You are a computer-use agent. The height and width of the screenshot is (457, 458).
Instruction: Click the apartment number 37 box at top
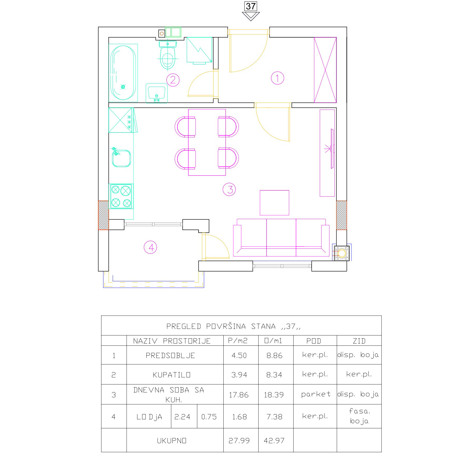click(251, 6)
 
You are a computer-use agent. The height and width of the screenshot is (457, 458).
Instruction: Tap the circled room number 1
click(277, 78)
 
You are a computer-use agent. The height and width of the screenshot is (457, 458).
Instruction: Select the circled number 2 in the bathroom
click(173, 80)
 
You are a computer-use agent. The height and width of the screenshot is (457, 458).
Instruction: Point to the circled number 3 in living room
click(229, 189)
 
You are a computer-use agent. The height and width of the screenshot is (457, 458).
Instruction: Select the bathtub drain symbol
click(123, 87)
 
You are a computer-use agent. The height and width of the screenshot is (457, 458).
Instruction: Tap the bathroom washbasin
click(156, 93)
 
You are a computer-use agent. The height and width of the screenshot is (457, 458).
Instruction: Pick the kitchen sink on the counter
click(121, 158)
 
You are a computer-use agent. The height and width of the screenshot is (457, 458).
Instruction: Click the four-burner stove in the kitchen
click(121, 196)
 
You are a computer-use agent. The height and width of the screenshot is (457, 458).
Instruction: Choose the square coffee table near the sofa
click(274, 203)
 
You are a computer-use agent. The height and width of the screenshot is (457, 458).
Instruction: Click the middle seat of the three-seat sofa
click(281, 237)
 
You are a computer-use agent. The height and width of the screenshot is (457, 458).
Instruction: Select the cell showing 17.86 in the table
click(239, 395)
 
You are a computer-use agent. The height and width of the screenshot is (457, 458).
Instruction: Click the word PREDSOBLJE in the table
click(170, 356)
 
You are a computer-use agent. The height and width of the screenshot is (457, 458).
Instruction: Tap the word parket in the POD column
click(316, 394)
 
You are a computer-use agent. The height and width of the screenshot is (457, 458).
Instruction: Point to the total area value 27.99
click(239, 441)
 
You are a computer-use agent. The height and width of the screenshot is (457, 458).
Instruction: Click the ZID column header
click(359, 341)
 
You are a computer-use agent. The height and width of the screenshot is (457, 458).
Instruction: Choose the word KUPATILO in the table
click(171, 375)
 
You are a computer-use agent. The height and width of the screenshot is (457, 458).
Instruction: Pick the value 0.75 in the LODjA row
click(209, 417)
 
